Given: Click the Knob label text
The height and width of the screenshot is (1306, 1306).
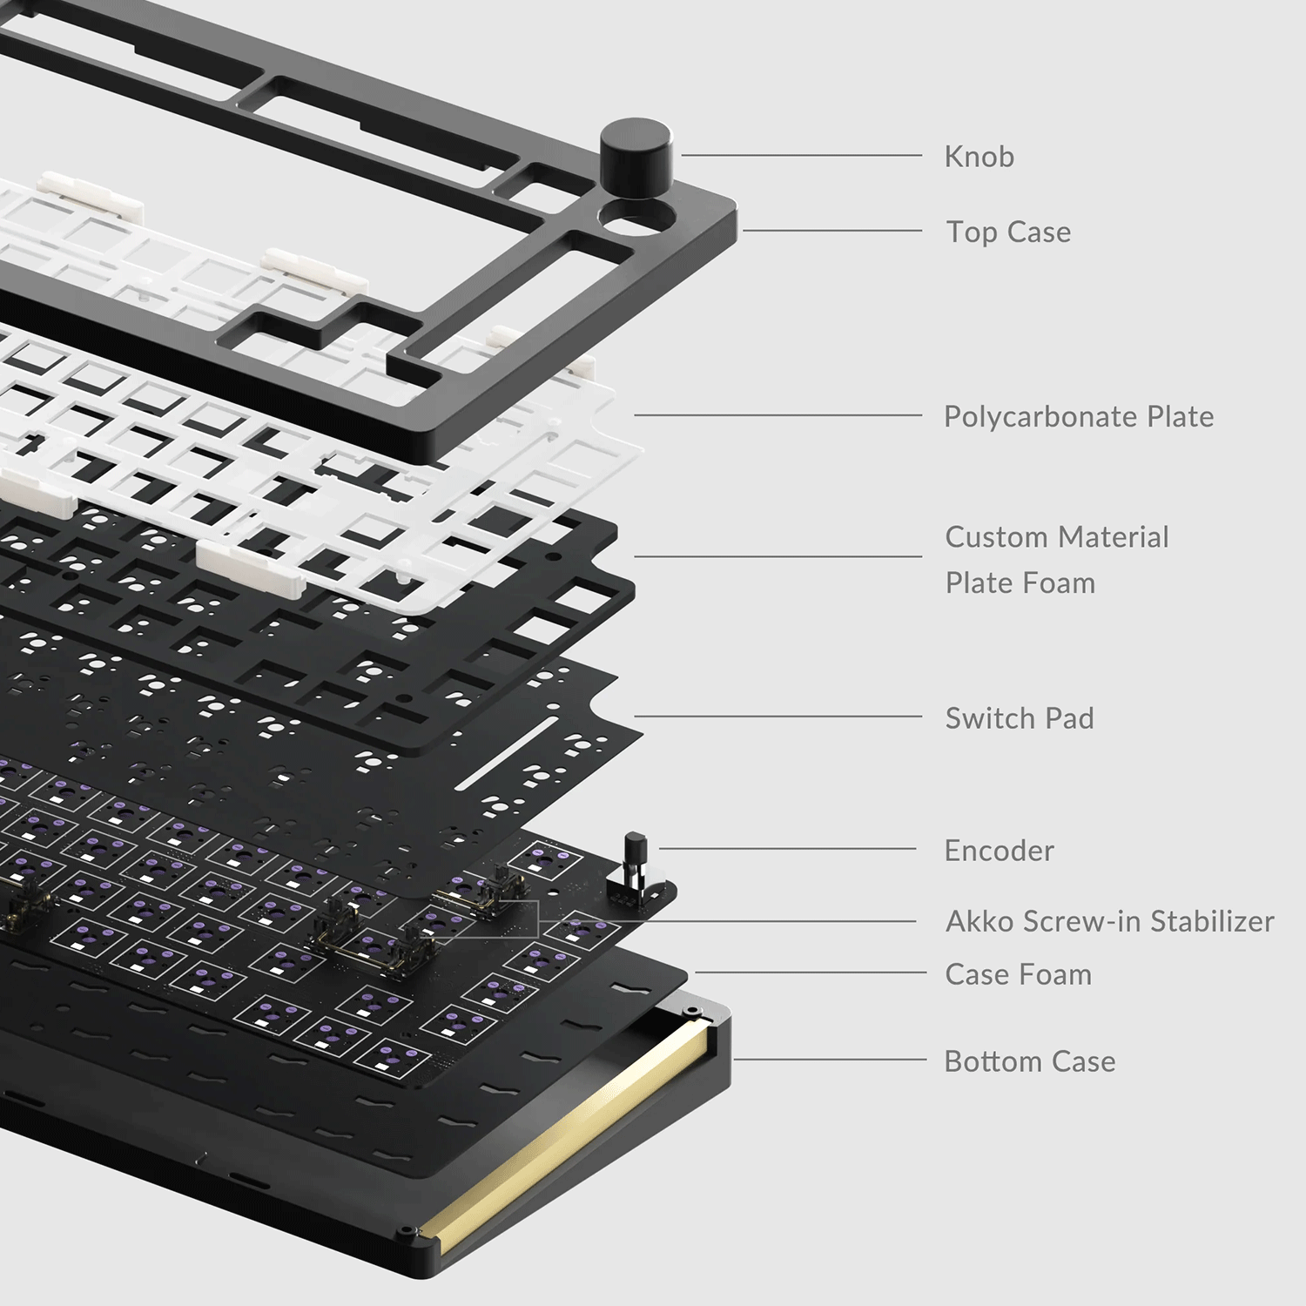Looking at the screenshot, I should tap(979, 157).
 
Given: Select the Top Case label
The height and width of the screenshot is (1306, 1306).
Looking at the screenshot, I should tap(1008, 232).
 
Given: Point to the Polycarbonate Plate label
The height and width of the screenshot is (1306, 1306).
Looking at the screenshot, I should tap(1078, 416).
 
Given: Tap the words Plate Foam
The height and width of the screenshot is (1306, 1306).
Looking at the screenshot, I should tap(1020, 582).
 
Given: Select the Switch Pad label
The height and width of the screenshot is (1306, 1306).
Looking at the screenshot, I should tap(1019, 718).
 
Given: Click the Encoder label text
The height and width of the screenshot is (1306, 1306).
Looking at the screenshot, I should tap(999, 851).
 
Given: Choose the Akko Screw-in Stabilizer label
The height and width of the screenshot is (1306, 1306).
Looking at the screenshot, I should tap(1109, 921).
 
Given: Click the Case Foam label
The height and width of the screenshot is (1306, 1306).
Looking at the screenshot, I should tap(1018, 974).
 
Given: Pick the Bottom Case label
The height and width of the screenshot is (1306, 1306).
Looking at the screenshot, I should tap(1029, 1061).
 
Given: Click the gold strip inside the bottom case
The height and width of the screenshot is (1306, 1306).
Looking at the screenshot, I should tap(566, 1141).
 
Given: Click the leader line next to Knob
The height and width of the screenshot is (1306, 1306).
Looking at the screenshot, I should tap(801, 156).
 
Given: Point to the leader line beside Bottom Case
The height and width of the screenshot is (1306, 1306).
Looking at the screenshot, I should tap(827, 1060).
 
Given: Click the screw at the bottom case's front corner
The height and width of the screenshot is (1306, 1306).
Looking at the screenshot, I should tap(409, 1233).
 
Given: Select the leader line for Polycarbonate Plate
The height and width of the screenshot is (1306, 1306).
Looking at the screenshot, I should tap(775, 415).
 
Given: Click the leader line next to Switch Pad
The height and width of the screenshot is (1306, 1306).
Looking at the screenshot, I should tap(775, 717).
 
